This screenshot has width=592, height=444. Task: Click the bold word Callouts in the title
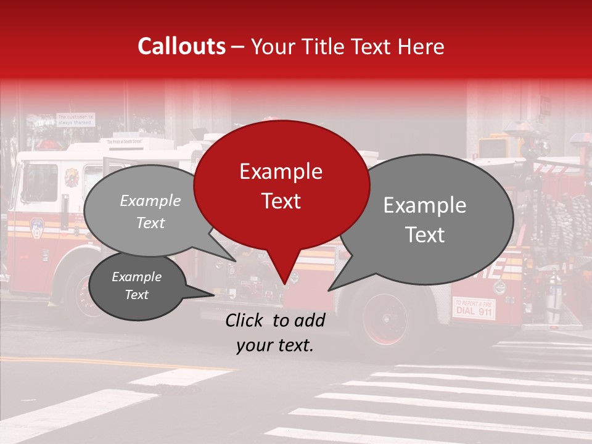point(181,46)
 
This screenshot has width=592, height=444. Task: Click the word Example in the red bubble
point(281,171)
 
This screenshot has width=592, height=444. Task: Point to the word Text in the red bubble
point(281,201)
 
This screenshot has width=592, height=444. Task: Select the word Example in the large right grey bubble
point(425,205)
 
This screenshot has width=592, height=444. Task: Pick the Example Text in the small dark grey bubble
point(136,286)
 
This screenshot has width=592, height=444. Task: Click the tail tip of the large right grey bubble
point(329,290)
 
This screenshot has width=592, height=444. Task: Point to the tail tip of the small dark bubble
point(213,294)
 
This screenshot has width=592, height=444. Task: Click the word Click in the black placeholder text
point(245,320)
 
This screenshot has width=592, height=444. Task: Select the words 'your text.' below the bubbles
point(275,346)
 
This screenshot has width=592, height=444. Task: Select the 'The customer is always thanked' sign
point(76,119)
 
